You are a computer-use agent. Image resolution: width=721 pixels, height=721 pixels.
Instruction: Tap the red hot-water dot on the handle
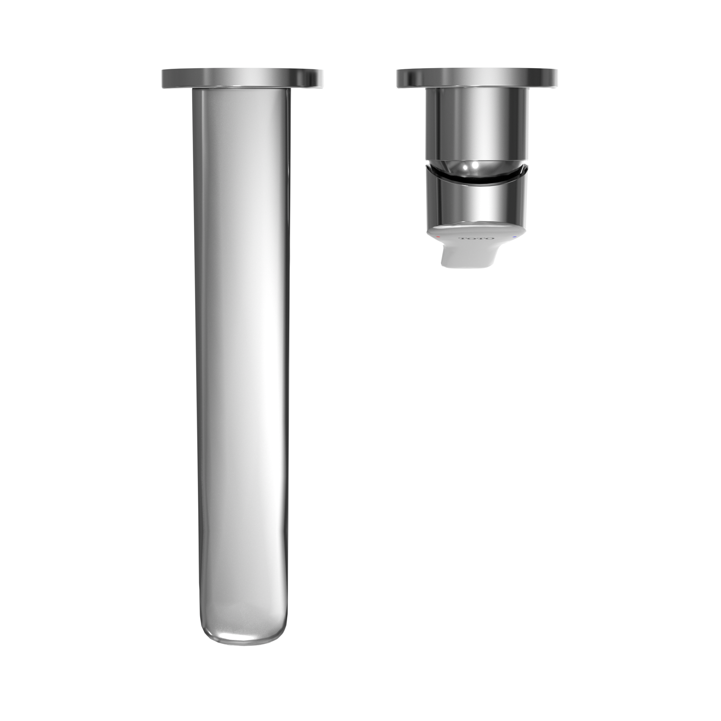(x=438, y=236)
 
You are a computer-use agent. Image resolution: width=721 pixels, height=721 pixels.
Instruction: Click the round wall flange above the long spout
(x=243, y=78)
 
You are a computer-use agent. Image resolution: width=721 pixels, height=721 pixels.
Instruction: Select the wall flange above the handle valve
(x=478, y=78)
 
